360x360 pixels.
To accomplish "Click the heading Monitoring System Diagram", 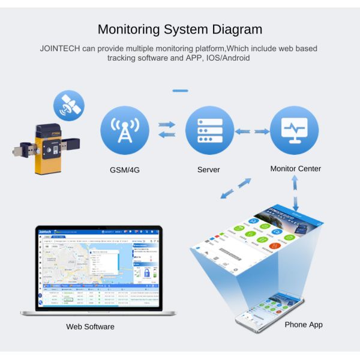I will (179, 29).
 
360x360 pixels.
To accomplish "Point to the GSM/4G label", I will (125, 170).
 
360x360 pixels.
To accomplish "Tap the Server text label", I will (209, 170).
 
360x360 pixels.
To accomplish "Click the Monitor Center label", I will (295, 169).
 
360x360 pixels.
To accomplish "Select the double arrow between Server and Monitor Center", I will (252, 131).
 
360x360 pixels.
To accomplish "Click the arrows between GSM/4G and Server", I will (167, 130).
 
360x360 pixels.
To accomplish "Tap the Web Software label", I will (90, 327).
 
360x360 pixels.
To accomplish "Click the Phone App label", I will (304, 325).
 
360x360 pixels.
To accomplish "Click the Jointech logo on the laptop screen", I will (46, 231).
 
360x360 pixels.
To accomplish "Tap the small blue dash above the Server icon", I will (180, 91).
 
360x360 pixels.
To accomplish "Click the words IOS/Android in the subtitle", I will (224, 58).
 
